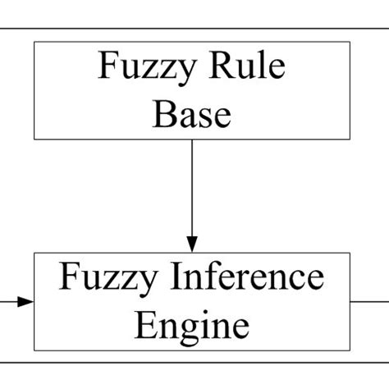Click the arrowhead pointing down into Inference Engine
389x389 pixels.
click(x=191, y=244)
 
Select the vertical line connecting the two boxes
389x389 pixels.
click(x=191, y=189)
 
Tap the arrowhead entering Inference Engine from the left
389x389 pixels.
click(x=26, y=301)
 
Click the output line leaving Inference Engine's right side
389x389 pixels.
click(x=369, y=301)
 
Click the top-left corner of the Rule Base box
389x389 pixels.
click(x=34, y=41)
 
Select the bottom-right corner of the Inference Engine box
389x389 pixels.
click(x=350, y=350)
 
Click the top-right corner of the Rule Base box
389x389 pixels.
click(x=350, y=41)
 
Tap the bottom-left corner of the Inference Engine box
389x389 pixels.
click(x=34, y=350)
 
